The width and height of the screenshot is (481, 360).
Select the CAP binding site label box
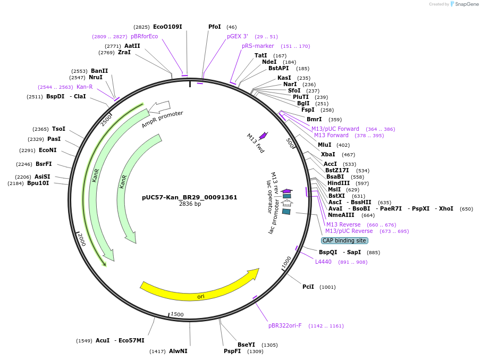344,240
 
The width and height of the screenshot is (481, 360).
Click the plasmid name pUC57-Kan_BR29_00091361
189,197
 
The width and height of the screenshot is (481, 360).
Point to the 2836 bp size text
190,204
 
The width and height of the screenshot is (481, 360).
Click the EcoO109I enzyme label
167,27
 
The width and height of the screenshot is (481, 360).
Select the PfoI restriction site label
215,27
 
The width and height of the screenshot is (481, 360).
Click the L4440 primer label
323,262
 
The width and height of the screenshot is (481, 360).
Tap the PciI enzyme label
308,287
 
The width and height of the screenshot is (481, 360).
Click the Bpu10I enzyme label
38,183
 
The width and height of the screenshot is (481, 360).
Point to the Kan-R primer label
85,87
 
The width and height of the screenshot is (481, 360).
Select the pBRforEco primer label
144,36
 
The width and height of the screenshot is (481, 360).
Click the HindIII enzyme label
339,183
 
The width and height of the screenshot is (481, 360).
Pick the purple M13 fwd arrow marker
263,136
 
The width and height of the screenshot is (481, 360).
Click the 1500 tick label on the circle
178,315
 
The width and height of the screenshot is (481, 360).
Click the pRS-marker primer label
258,46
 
